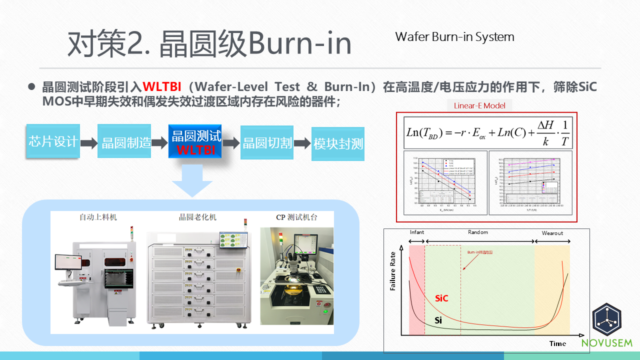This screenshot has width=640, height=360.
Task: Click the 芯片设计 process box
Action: (x=53, y=141)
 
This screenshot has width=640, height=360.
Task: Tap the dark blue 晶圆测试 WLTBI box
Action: (x=195, y=141)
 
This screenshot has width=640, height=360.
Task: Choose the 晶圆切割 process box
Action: (x=267, y=142)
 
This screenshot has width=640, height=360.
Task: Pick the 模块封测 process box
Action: (x=338, y=144)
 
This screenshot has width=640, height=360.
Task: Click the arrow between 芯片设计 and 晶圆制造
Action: (x=89, y=143)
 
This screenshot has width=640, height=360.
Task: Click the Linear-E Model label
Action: (x=479, y=105)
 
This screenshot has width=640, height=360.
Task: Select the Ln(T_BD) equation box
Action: (x=487, y=131)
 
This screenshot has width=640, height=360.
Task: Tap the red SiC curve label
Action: (x=441, y=298)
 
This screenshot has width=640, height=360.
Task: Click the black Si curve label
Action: (x=438, y=319)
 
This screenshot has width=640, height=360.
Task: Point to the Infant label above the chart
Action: (x=417, y=232)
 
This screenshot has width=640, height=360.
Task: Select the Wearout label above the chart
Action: (x=552, y=233)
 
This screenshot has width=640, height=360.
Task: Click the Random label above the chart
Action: (x=478, y=232)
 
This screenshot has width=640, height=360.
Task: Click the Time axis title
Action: (x=557, y=343)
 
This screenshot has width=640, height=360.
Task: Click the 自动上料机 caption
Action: (x=98, y=217)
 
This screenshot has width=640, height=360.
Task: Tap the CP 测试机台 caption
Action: (x=297, y=217)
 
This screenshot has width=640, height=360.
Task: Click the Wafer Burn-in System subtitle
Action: (x=454, y=37)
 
